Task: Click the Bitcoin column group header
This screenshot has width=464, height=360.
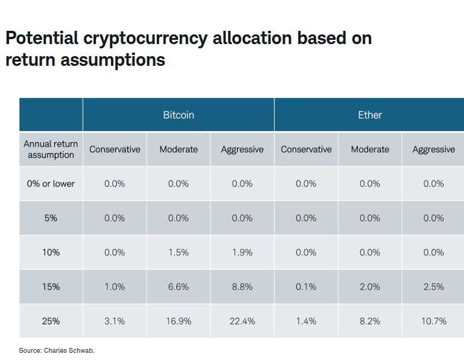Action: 179,115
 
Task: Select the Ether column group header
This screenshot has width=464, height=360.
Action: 369,115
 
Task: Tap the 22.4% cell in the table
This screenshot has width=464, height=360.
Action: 242,321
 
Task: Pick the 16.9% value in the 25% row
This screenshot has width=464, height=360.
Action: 179,321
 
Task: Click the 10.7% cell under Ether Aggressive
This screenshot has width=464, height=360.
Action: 433,321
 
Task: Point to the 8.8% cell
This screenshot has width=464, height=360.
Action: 242,287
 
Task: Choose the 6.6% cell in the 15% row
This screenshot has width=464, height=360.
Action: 179,287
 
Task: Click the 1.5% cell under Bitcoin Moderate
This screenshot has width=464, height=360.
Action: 179,252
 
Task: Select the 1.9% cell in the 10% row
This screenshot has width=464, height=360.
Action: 242,252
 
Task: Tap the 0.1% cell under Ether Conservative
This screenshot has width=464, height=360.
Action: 306,287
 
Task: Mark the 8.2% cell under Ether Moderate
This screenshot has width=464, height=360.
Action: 369,321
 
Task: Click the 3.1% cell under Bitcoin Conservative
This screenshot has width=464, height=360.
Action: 115,321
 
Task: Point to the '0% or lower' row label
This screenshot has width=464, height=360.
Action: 51,184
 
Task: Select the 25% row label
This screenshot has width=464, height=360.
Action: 51,321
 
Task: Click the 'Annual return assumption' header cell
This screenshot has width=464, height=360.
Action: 51,149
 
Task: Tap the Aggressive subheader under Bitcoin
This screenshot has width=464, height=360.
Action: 242,149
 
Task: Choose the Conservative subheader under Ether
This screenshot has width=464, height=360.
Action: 306,149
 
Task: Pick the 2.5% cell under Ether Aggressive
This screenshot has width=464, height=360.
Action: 433,287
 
